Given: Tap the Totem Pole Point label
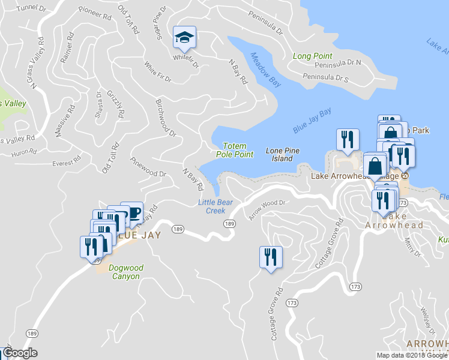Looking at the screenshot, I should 234,150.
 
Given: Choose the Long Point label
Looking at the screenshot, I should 313,56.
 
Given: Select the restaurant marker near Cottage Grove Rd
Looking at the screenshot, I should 270,257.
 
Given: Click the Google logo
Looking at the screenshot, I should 20,353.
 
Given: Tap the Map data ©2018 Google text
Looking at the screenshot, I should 412,355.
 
